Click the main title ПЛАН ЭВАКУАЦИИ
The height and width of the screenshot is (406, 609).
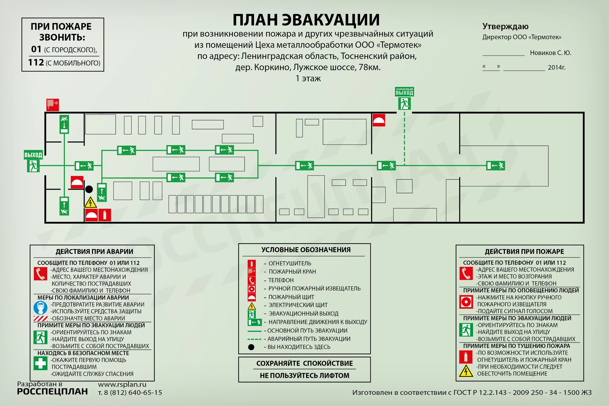pyautogui.click(x=306, y=20)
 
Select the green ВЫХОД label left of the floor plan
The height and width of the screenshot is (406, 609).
pyautogui.click(x=33, y=155)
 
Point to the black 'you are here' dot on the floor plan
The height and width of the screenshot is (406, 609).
pyautogui.click(x=89, y=189)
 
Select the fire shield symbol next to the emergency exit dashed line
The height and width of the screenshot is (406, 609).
pyautogui.click(x=379, y=120)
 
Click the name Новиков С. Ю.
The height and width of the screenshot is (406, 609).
pyautogui.click(x=551, y=53)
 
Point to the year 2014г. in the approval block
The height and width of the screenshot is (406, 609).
pyautogui.click(x=557, y=67)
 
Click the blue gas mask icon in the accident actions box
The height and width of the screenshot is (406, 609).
pyautogui.click(x=40, y=308)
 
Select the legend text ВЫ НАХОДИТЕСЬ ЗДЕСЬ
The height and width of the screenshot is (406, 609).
pyautogui.click(x=299, y=347)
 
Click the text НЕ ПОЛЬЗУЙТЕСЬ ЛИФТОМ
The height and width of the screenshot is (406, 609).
pyautogui.click(x=304, y=375)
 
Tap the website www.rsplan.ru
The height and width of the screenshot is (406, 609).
pyautogui.click(x=122, y=384)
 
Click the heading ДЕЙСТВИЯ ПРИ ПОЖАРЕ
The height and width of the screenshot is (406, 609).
pyautogui.click(x=524, y=252)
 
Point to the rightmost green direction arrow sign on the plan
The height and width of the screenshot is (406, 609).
pyautogui.click(x=496, y=165)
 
